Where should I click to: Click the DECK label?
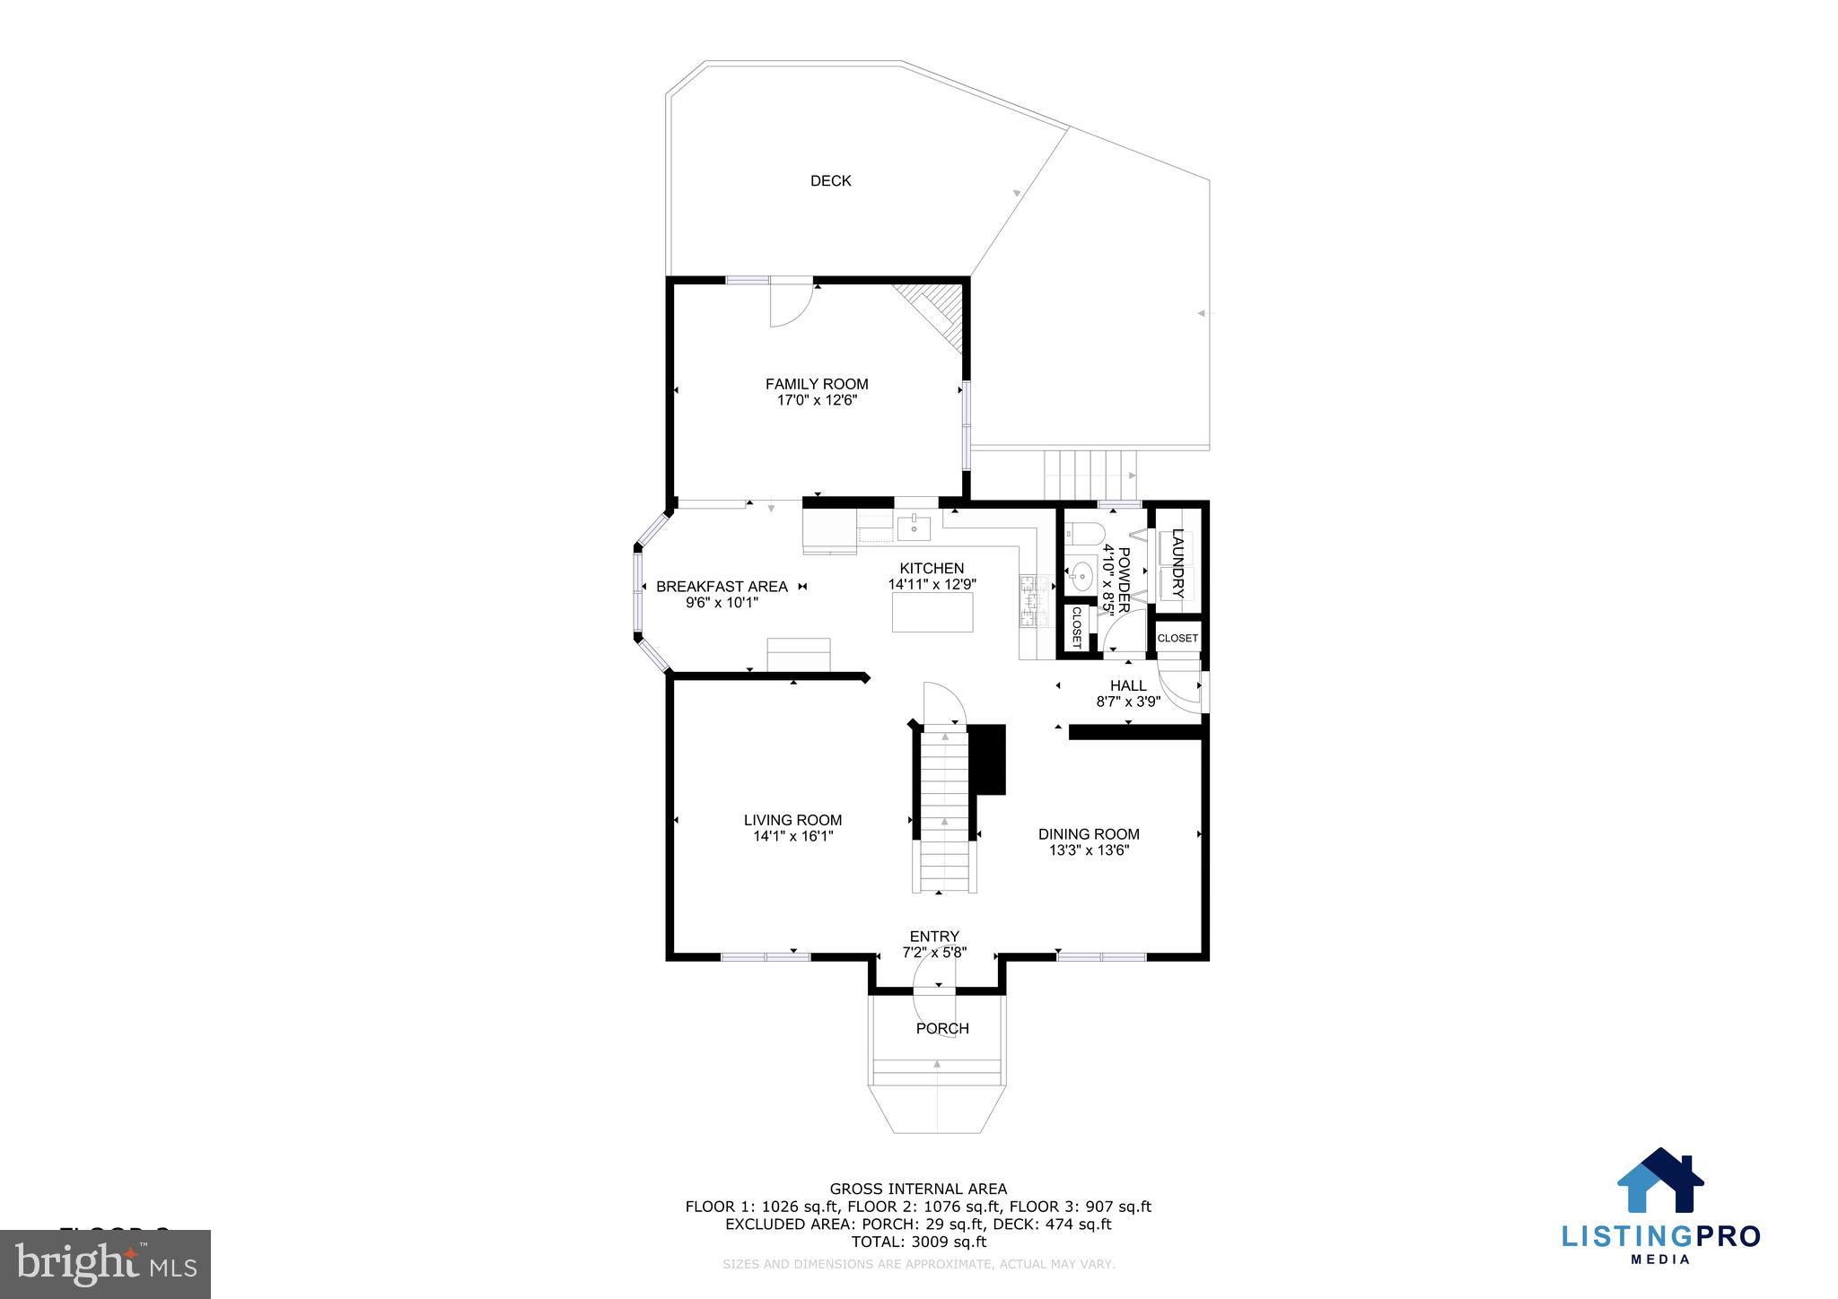[x=830, y=181]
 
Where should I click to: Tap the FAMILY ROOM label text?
[x=817, y=384]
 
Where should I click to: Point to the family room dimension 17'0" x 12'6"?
[x=817, y=401]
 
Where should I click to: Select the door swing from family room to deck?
[x=163, y=305]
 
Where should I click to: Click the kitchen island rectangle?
[x=932, y=612]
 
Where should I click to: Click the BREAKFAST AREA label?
[x=722, y=587]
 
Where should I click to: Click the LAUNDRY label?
[x=1178, y=564]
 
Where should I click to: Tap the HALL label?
[x=1128, y=685]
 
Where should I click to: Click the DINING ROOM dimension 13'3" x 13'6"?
[x=1089, y=850]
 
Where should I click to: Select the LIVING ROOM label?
[x=792, y=820]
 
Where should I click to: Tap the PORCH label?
[x=942, y=1028]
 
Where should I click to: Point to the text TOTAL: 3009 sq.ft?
[x=918, y=1242]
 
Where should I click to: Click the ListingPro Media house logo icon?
[x=1660, y=1181]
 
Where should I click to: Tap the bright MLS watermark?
[x=106, y=1265]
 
